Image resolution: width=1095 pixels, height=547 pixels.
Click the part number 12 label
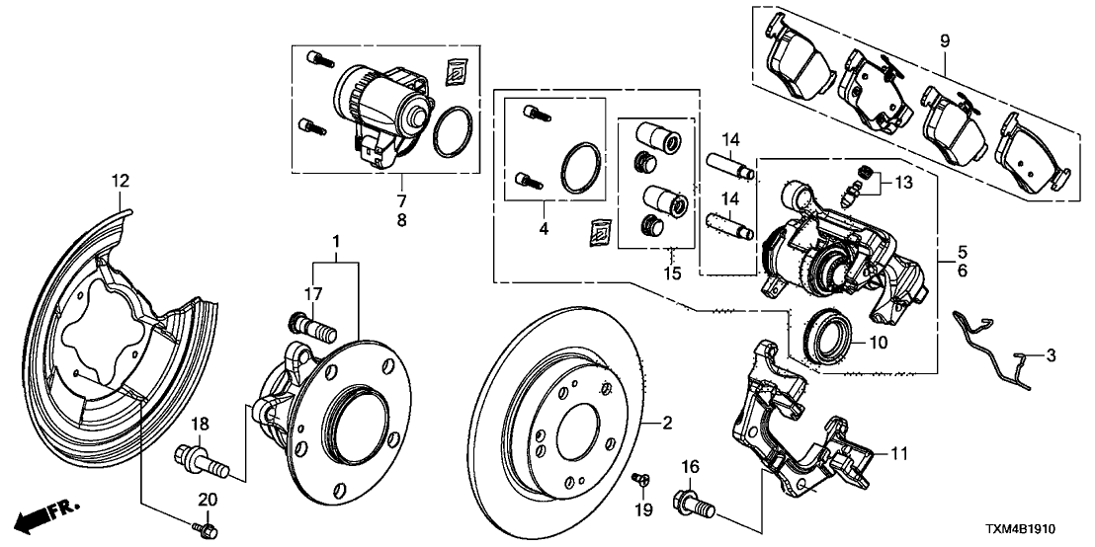[120, 181]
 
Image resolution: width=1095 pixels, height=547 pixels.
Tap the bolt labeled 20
[207, 531]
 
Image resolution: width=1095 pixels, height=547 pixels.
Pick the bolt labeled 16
[693, 504]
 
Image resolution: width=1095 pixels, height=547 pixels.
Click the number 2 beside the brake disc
[667, 424]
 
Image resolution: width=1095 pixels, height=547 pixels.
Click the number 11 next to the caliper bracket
[897, 455]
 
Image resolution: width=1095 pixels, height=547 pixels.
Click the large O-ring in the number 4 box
[580, 166]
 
